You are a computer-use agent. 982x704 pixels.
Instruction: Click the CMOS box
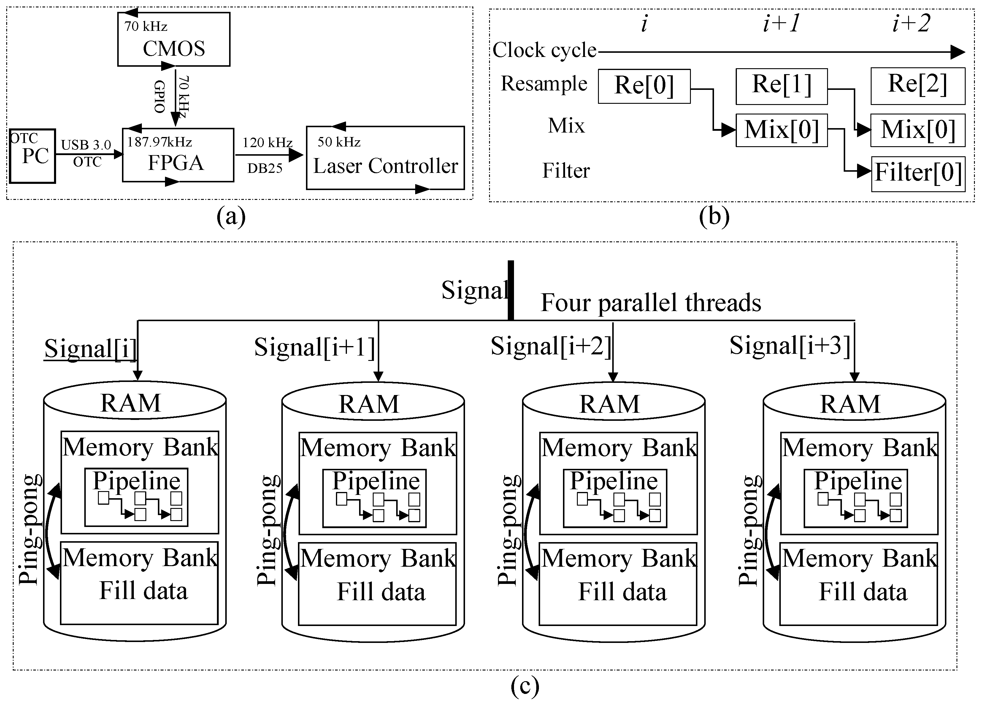[174, 40]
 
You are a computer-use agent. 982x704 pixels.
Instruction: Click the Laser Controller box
[385, 158]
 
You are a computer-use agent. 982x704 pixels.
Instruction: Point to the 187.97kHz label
[159, 142]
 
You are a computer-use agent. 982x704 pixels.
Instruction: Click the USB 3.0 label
[86, 145]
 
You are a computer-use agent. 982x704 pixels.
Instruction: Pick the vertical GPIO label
[160, 96]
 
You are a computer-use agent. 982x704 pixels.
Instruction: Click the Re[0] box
[644, 86]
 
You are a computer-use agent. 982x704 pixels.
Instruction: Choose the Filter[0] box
[918, 173]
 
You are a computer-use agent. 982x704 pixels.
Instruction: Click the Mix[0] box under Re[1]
[781, 130]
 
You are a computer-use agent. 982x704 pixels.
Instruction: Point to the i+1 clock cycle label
[781, 23]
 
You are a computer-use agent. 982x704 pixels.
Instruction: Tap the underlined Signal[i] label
[90, 348]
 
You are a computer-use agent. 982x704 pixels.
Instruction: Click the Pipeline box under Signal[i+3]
[856, 498]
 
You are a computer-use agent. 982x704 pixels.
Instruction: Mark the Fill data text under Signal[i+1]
[381, 592]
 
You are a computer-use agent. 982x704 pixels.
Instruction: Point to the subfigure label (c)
[525, 686]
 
